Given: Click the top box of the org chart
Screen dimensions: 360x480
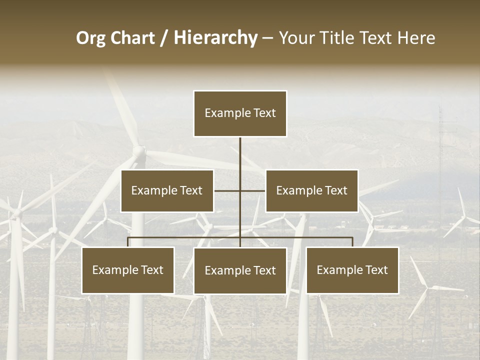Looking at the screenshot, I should [240, 113].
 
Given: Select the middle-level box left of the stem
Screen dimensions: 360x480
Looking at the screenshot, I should [167, 190].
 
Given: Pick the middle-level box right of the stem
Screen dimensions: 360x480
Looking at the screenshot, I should [311, 190].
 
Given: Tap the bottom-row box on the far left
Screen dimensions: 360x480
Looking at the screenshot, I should [128, 270].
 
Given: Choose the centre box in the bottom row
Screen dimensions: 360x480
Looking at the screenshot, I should [240, 270].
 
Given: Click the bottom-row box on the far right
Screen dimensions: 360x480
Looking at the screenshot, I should [352, 270].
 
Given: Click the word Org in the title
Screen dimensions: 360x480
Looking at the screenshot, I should [90, 38].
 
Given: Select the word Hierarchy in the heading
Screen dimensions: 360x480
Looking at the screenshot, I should [215, 38].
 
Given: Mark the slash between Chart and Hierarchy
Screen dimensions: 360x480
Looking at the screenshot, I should [164, 38].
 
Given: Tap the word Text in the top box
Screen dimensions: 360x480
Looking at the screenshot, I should [263, 113].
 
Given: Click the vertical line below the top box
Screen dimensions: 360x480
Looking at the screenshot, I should [240, 155].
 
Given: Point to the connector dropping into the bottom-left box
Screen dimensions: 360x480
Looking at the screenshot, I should [128, 242].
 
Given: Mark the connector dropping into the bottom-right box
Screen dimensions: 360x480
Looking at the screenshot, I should [352, 242].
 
